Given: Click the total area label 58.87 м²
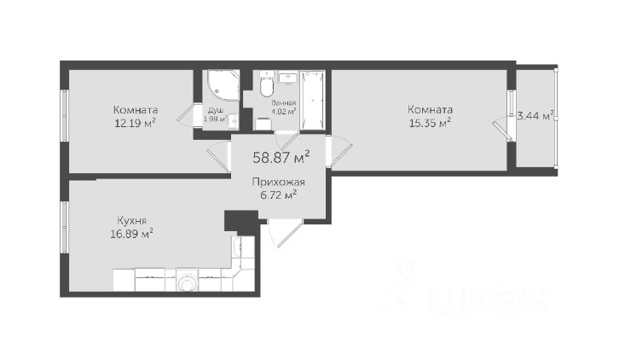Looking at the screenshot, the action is [x=281, y=157].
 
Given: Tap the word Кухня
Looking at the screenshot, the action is [x=131, y=220].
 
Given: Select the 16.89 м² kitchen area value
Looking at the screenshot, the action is [x=132, y=234].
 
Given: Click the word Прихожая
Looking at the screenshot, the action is [x=278, y=183].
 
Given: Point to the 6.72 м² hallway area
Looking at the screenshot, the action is [x=278, y=195].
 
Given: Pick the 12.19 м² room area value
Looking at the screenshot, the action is [x=135, y=123].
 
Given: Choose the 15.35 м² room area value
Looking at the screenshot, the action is [x=430, y=123].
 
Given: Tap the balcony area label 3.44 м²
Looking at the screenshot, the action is [x=535, y=116].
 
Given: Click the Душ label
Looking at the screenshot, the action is [x=216, y=110].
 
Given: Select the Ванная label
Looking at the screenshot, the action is [x=283, y=103].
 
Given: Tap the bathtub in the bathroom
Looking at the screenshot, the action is [x=312, y=100].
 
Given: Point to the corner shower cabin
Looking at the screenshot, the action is [x=221, y=84].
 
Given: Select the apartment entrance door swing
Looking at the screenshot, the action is [x=286, y=232].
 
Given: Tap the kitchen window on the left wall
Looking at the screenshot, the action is [x=64, y=227].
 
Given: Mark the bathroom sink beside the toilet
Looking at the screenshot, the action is [x=287, y=78].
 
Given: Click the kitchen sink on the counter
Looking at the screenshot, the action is [x=237, y=247].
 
